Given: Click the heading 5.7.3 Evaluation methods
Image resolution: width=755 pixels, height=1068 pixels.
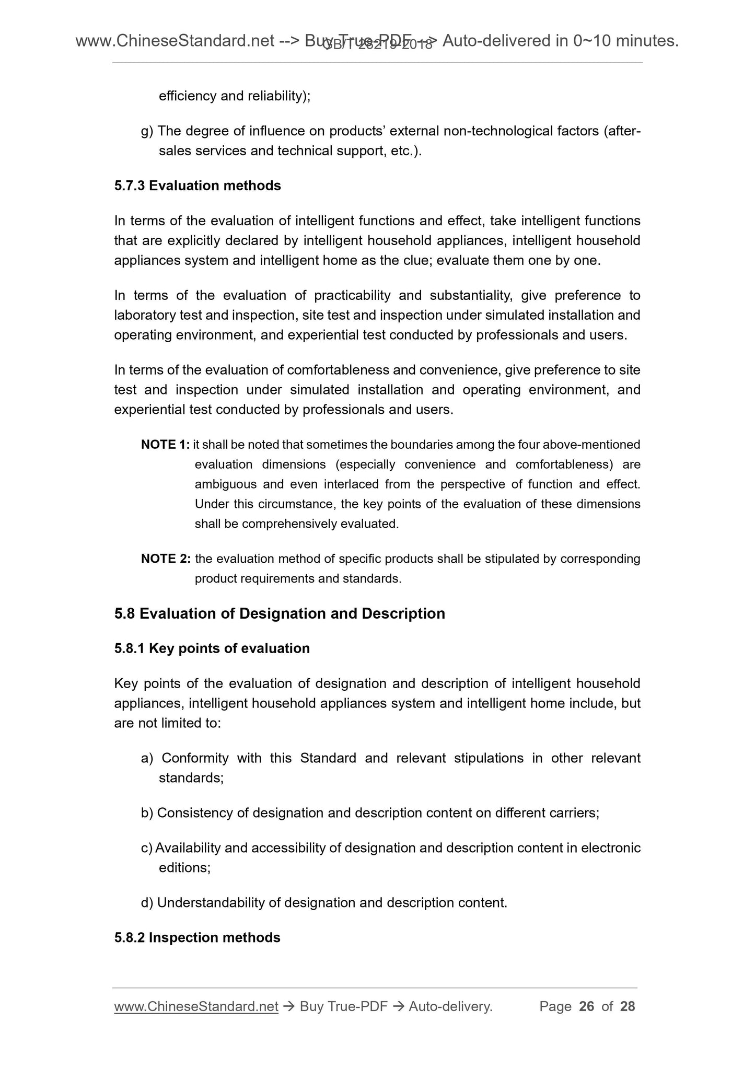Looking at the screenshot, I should tap(198, 185).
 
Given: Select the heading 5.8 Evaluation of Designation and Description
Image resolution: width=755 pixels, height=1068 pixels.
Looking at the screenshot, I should tap(280, 613).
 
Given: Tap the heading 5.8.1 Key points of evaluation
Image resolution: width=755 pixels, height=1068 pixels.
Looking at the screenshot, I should tap(212, 648).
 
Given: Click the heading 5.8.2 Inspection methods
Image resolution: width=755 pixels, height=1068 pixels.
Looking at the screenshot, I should tap(197, 937).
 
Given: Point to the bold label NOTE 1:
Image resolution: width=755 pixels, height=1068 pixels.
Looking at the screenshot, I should tap(165, 445).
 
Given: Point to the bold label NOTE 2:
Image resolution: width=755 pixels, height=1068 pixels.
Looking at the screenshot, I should tap(165, 559).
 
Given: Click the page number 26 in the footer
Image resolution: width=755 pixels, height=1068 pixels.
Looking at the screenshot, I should tap(587, 1006).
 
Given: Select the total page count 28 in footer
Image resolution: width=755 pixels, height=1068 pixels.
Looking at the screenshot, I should tap(628, 1006).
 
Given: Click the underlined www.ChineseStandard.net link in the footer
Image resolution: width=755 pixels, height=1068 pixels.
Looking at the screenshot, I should tap(196, 1006).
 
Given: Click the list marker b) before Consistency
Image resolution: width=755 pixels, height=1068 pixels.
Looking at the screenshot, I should tap(147, 813).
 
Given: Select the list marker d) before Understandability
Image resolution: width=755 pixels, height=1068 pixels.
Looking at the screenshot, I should tap(147, 902).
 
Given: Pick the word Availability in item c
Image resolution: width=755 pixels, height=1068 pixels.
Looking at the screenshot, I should tap(188, 848).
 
